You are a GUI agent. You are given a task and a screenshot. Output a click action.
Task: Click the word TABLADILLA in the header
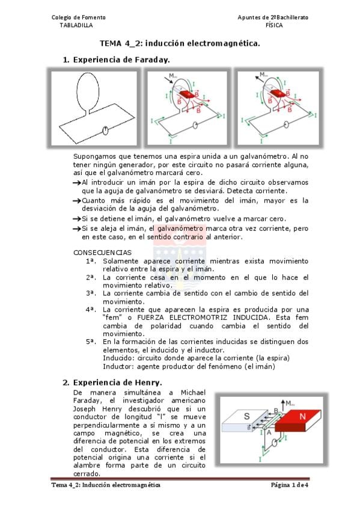click(76, 25)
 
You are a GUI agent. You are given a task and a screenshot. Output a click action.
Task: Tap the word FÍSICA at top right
click(274, 25)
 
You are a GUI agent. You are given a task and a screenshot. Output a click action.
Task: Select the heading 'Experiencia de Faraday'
click(121, 60)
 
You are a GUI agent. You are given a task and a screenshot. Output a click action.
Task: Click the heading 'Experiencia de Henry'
click(118, 382)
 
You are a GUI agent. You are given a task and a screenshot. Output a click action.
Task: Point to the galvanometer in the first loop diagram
click(105, 131)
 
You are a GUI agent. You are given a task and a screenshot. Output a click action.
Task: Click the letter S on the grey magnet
click(247, 416)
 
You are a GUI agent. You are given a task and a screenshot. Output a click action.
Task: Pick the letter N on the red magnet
click(302, 416)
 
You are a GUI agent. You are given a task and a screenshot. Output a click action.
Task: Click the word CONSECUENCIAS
click(102, 253)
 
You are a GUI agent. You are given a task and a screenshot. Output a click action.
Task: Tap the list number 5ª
click(91, 342)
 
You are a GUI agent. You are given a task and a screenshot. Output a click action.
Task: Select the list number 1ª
click(91, 261)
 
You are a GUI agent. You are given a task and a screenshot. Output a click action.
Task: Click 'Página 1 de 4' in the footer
click(290, 485)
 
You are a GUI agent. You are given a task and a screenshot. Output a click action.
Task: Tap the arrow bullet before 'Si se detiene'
click(77, 220)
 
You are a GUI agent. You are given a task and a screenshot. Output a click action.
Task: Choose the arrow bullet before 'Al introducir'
click(77, 183)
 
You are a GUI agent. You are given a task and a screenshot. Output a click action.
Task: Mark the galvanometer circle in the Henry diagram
click(275, 443)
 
